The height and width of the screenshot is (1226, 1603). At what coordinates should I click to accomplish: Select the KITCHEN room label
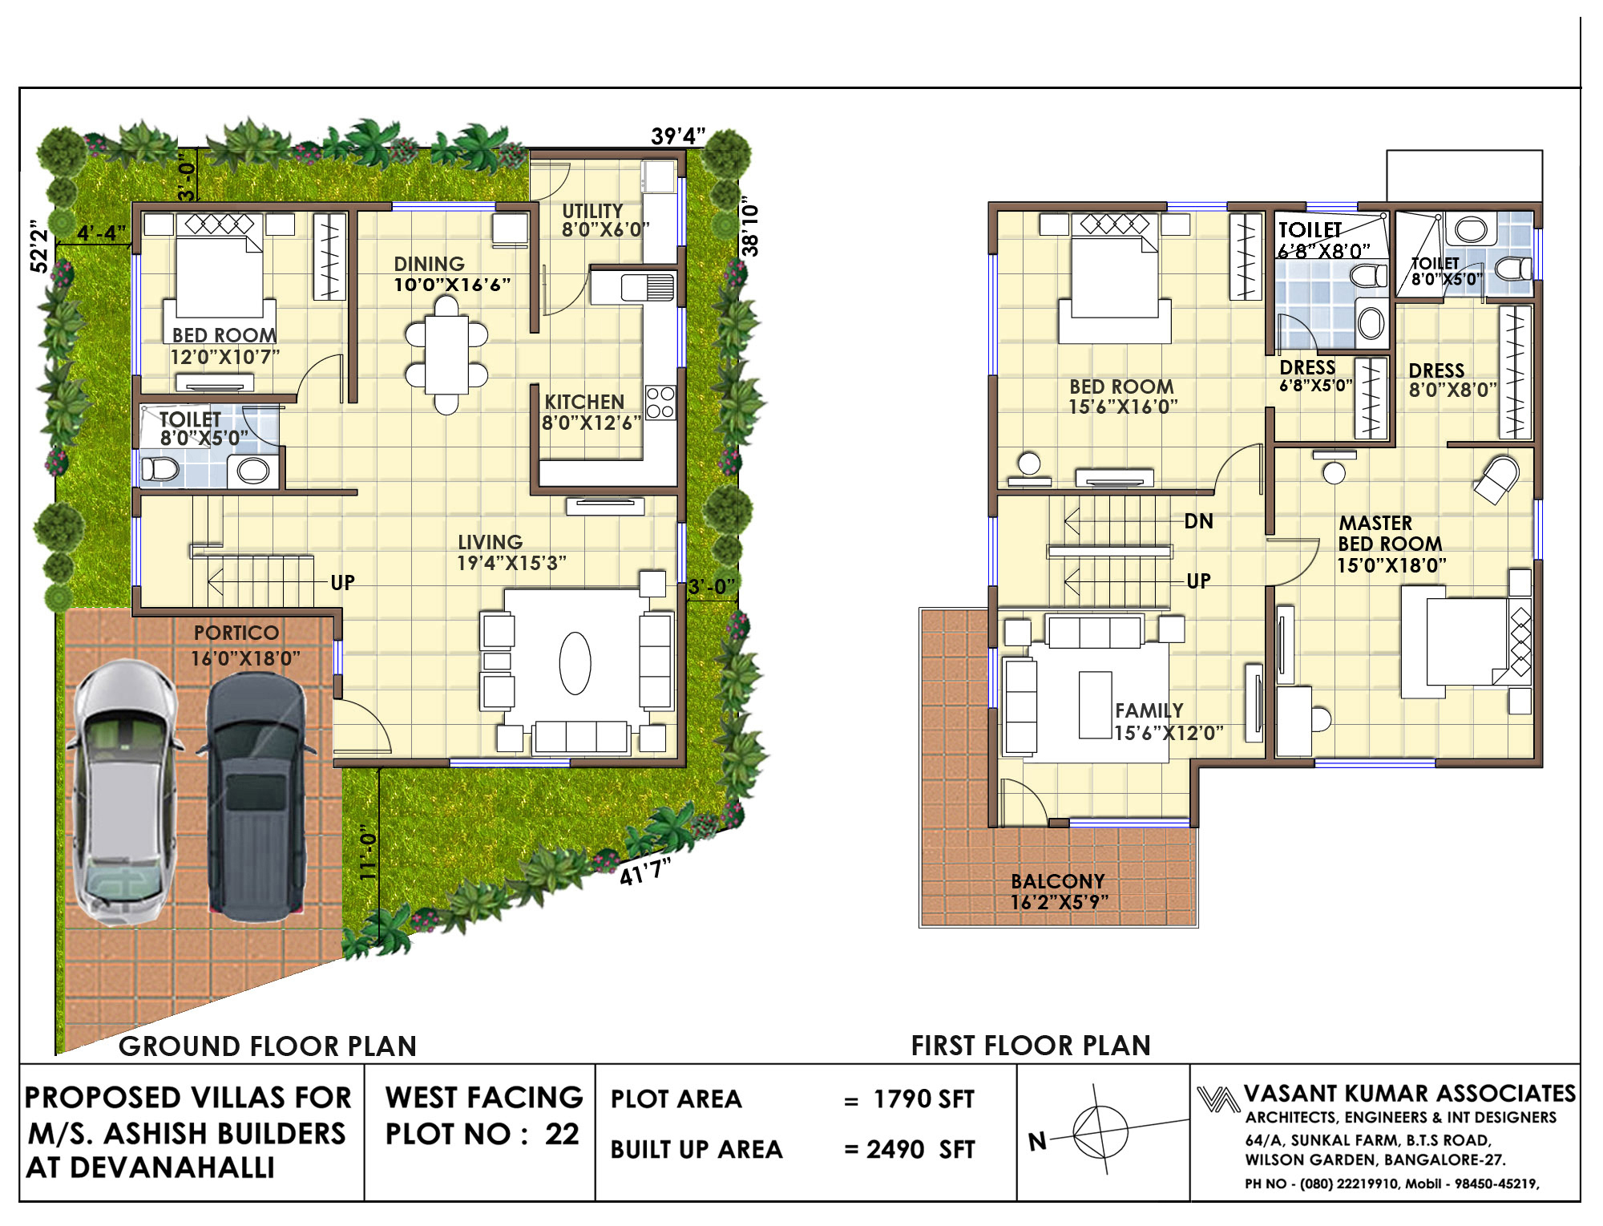pyautogui.click(x=584, y=402)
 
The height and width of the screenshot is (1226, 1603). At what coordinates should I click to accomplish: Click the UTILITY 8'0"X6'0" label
pyautogui.click(x=605, y=220)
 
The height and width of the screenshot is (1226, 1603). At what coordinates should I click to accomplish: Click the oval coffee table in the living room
pyautogui.click(x=575, y=663)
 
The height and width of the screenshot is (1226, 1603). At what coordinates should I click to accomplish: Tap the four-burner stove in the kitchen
pyautogui.click(x=660, y=403)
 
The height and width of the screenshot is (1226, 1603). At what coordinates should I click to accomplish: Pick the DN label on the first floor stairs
pyautogui.click(x=1198, y=521)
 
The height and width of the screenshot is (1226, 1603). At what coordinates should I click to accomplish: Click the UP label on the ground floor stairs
pyautogui.click(x=342, y=582)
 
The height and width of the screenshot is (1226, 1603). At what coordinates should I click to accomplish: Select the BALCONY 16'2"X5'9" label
pyautogui.click(x=1059, y=892)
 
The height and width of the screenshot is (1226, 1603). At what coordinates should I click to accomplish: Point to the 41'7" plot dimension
pyautogui.click(x=645, y=870)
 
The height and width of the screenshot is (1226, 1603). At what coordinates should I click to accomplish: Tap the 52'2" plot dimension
pyautogui.click(x=39, y=246)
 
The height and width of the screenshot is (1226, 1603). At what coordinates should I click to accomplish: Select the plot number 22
pyautogui.click(x=562, y=1134)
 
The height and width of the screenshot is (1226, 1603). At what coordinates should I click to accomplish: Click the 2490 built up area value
pyautogui.click(x=895, y=1149)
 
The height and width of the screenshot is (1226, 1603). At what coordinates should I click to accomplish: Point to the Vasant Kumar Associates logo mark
pyautogui.click(x=1218, y=1099)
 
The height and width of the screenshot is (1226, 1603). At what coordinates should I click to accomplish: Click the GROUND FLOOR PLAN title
pyautogui.click(x=268, y=1046)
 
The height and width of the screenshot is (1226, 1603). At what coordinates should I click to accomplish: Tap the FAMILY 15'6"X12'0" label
pyautogui.click(x=1169, y=722)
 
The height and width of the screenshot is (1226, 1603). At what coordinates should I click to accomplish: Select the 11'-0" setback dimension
pyautogui.click(x=368, y=852)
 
